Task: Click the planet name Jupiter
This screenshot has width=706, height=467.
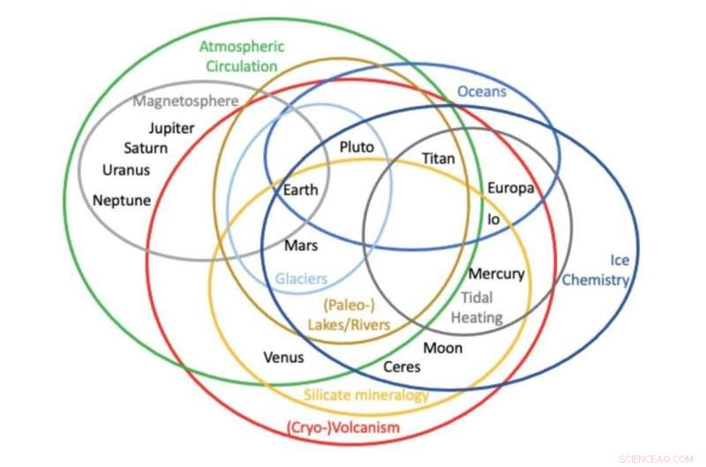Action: pyautogui.click(x=171, y=128)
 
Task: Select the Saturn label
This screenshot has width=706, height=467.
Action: pyautogui.click(x=146, y=148)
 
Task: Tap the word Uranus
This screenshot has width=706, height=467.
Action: pyautogui.click(x=126, y=170)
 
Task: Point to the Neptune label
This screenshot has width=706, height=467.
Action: pyautogui.click(x=122, y=200)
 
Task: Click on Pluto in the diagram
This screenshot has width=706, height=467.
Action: pyautogui.click(x=357, y=147)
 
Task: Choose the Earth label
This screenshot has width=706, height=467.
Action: pyautogui.click(x=300, y=189)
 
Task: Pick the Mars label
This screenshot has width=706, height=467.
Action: pyautogui.click(x=301, y=246)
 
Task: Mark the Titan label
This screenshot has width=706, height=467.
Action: pyautogui.click(x=439, y=159)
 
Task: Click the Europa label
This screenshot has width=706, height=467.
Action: pyautogui.click(x=510, y=189)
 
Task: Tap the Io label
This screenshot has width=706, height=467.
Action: pyautogui.click(x=493, y=218)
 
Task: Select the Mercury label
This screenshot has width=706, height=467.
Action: pyautogui.click(x=496, y=274)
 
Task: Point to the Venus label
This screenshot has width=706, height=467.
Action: pyautogui.click(x=283, y=357)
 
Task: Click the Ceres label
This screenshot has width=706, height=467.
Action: pyautogui.click(x=402, y=367)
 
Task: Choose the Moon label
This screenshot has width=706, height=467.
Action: pyautogui.click(x=443, y=348)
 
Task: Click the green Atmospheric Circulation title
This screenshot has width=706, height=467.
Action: pyautogui.click(x=238, y=56)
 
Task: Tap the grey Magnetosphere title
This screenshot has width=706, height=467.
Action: pyautogui.click(x=185, y=100)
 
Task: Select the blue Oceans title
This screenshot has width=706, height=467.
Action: pyautogui.click(x=482, y=91)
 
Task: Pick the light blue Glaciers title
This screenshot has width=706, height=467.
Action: pyautogui.click(x=301, y=278)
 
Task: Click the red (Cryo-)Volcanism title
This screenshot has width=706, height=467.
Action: pyautogui.click(x=343, y=428)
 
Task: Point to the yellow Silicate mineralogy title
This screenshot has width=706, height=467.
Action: pyautogui.click(x=366, y=395)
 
